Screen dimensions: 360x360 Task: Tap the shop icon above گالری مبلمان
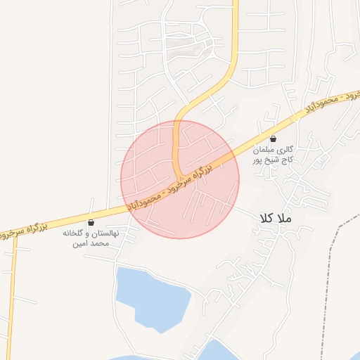coord(274,139)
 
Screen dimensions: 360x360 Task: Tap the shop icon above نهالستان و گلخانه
coord(91,222)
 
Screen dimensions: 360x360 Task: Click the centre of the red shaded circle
coord(180,179)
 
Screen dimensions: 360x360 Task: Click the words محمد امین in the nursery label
coord(91,243)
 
